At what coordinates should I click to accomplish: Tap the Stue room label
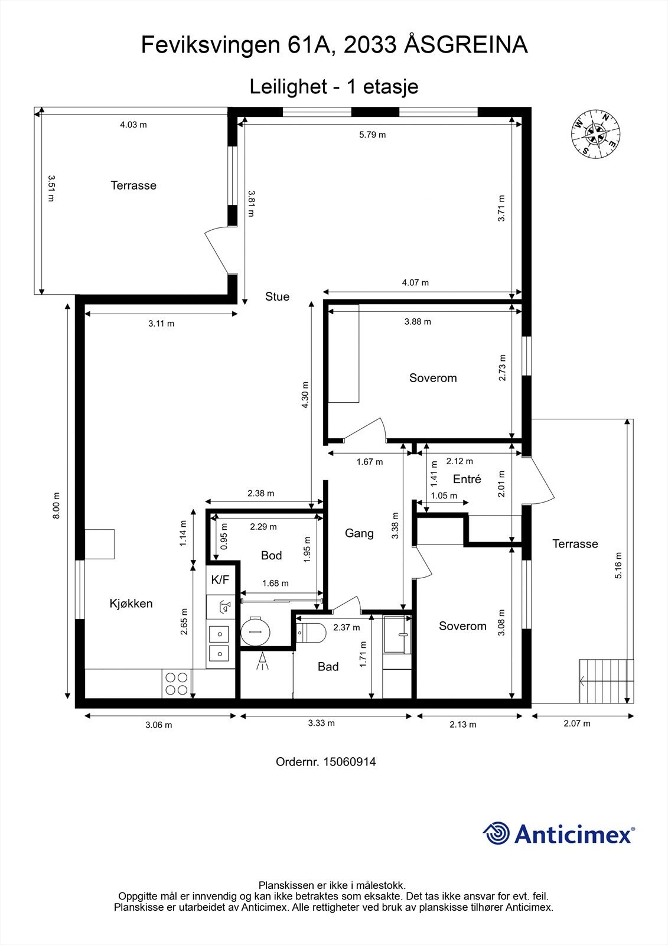(x=277, y=296)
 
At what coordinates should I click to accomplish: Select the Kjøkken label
(x=131, y=603)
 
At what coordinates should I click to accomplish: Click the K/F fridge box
(x=220, y=580)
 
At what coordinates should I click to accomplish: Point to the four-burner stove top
(x=177, y=683)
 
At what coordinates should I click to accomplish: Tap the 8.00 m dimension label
(x=57, y=506)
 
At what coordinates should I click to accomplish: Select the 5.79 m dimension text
(x=372, y=135)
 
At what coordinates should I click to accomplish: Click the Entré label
(x=467, y=479)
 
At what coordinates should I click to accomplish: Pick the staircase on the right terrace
(x=606, y=681)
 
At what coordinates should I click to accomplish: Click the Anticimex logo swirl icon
(x=496, y=833)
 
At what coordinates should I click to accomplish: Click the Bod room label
(x=271, y=555)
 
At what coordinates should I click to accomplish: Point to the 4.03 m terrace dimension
(x=133, y=125)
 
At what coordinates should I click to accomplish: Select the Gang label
(x=359, y=533)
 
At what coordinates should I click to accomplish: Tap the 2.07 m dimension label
(x=577, y=724)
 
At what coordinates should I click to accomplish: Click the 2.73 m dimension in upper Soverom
(x=502, y=367)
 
